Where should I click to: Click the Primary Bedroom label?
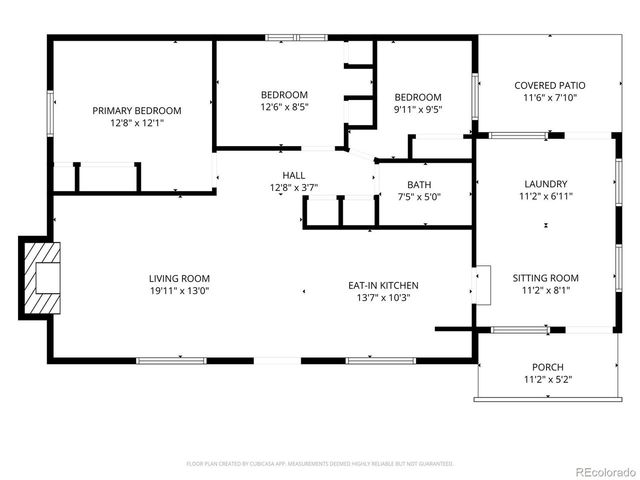click(137, 110)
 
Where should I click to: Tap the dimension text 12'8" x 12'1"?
click(137, 124)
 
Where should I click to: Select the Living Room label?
click(179, 278)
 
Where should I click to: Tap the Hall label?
click(293, 175)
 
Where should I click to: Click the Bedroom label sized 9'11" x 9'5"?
click(417, 97)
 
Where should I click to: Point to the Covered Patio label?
click(550, 86)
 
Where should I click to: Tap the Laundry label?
click(546, 184)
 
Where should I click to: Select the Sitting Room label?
click(546, 278)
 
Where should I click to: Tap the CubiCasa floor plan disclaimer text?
click(320, 464)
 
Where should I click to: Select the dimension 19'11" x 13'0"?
click(179, 291)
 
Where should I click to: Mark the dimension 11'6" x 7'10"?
click(550, 99)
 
